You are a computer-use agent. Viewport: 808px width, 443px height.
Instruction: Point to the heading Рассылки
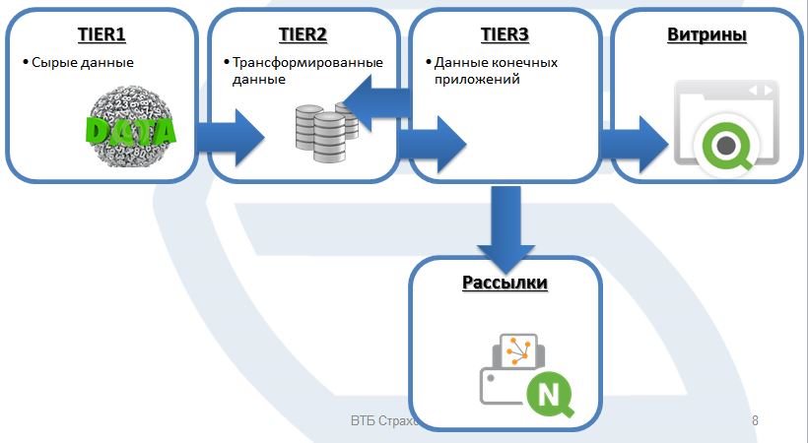(x=505, y=284)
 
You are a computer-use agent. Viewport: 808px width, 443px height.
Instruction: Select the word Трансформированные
(x=307, y=63)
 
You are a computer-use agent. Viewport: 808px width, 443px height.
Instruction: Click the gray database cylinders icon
(x=324, y=129)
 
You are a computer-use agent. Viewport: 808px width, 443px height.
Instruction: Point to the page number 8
(x=755, y=421)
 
